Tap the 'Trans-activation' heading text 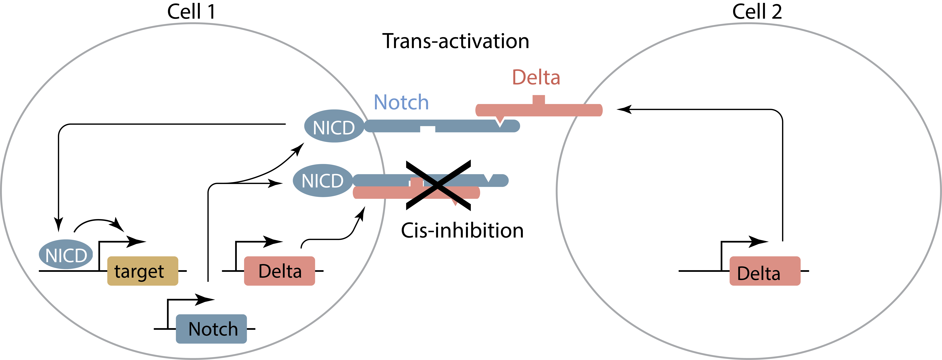point(456,41)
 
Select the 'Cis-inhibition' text point(462,231)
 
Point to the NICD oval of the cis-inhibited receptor point(323,180)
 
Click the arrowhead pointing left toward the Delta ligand point(624,109)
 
